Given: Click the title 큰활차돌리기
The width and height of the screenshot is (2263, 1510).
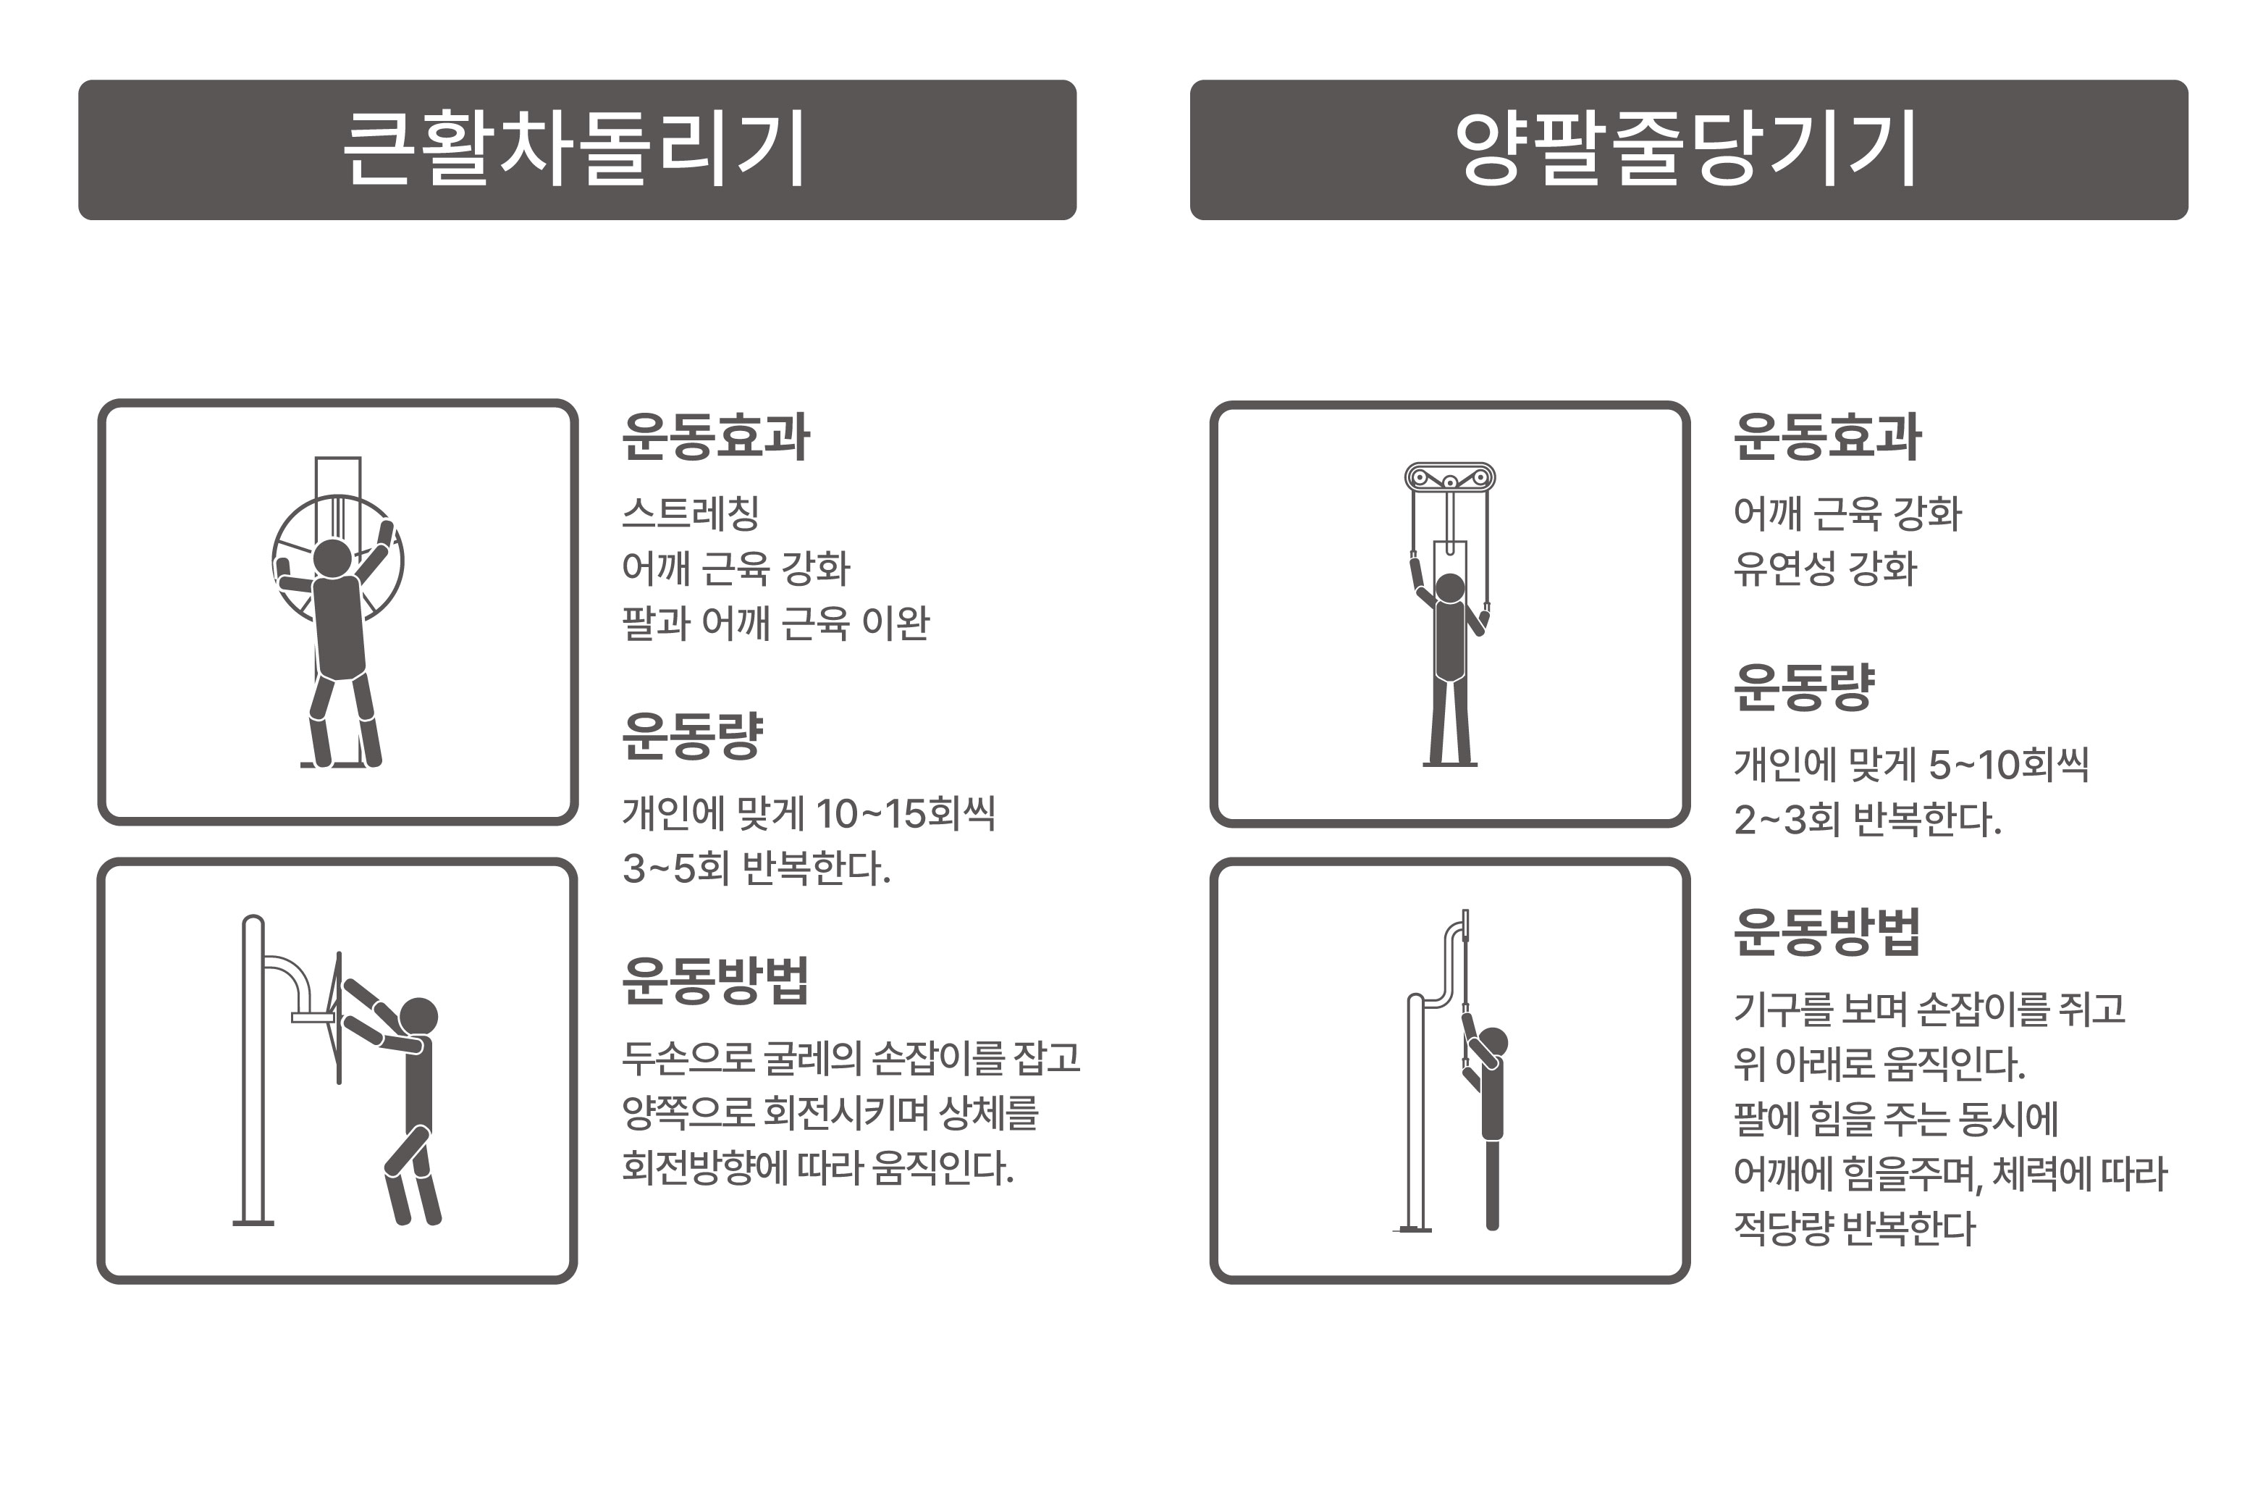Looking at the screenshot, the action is (576, 149).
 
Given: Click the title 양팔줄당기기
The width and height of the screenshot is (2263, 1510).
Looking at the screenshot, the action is (1687, 149).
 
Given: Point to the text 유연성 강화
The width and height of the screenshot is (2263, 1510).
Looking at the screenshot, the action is (1825, 569).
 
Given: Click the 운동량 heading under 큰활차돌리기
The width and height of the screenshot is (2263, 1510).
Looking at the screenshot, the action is (692, 737).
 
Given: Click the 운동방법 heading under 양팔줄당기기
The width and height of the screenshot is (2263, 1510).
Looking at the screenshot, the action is (1827, 932).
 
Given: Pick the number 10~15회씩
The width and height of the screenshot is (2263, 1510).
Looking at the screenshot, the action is (905, 814).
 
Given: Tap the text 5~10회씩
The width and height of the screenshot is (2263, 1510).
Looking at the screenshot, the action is (2009, 765).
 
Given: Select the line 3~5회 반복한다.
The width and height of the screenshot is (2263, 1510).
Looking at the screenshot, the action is (757, 868).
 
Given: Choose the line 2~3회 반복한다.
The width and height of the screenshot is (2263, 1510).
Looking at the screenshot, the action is (1868, 820).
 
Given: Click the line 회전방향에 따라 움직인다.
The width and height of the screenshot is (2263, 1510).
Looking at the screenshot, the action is (818, 1168).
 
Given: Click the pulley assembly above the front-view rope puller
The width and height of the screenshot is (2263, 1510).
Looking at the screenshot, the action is (1449, 478).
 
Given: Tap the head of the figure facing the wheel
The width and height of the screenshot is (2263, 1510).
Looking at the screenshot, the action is (333, 558).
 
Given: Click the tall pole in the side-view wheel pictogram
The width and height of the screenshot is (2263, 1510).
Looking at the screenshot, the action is (253, 1069).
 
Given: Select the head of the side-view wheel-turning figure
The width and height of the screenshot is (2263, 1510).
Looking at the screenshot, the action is (418, 1017).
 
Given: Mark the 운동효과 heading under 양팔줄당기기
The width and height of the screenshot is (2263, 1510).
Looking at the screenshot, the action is (1827, 438).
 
